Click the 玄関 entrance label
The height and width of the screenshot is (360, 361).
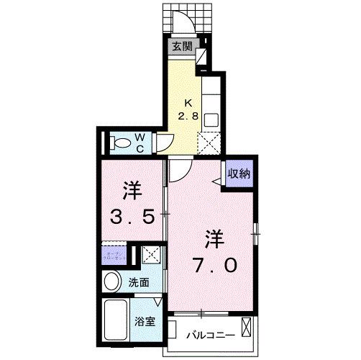182,48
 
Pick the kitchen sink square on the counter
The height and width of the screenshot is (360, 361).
212,119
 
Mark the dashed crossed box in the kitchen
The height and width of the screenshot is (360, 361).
211,144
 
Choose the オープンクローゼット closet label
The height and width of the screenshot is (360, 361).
116,253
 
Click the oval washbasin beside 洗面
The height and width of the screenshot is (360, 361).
113,282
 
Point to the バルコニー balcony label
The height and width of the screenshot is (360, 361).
206,334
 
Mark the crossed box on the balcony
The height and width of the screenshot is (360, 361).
247,330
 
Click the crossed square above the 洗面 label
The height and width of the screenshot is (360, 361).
152,254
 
